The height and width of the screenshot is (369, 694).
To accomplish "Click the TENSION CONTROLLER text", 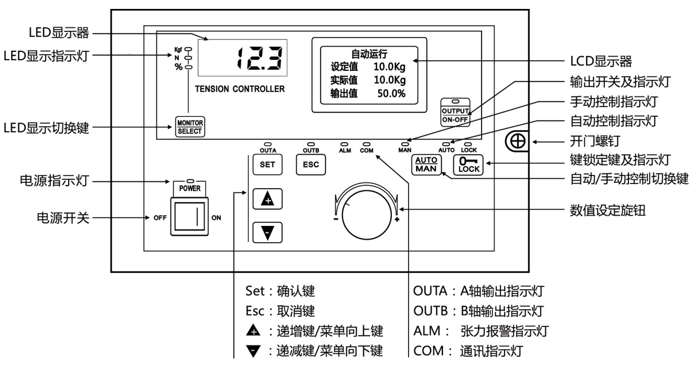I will pos(240,89).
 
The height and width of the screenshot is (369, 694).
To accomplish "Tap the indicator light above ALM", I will pos(345,143).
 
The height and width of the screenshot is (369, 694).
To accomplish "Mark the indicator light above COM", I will pos(366,143).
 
